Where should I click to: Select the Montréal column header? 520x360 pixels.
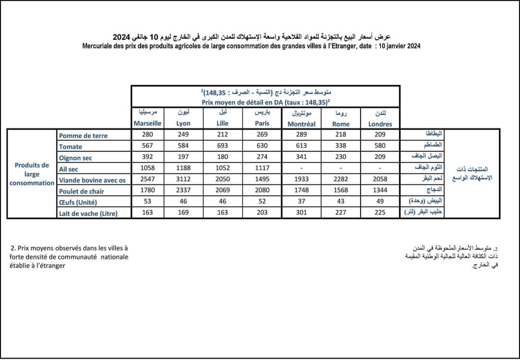(x=301, y=124)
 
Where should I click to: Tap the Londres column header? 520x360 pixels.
(x=380, y=124)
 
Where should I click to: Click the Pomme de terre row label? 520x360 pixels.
(x=83, y=135)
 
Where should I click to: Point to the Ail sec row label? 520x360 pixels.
(x=69, y=169)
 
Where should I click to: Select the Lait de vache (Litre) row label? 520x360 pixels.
(x=88, y=213)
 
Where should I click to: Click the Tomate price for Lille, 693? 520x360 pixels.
(x=222, y=147)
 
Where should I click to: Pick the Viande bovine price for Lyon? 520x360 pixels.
(x=183, y=180)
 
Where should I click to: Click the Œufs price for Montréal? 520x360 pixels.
(x=301, y=202)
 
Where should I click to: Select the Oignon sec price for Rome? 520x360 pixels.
(x=341, y=158)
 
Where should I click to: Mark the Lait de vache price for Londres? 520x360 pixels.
(x=380, y=213)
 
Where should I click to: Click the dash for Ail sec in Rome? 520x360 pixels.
(x=341, y=169)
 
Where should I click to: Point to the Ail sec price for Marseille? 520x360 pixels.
(x=147, y=169)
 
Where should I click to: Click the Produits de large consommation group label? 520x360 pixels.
(x=32, y=174)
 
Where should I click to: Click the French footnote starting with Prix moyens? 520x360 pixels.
(x=69, y=257)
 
